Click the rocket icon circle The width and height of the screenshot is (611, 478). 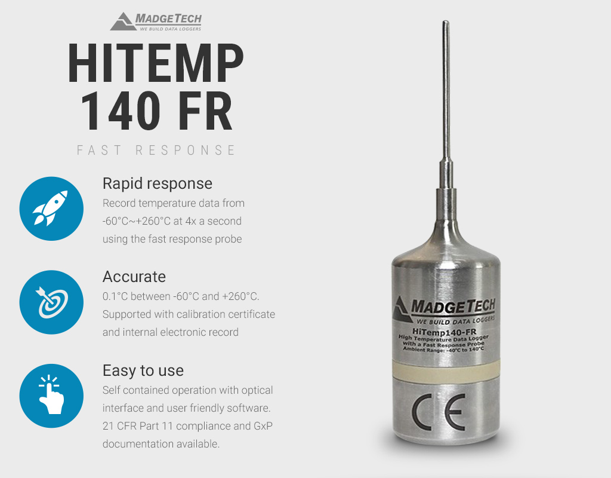[51, 209]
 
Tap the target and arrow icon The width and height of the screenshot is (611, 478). [51, 302]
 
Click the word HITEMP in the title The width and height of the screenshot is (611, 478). [156, 63]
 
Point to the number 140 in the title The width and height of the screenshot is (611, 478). [119, 110]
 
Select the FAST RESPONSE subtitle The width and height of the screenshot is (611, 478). [156, 150]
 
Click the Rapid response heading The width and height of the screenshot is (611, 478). [158, 183]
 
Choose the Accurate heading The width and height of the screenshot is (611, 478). [134, 277]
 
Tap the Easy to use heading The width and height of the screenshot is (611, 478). [143, 370]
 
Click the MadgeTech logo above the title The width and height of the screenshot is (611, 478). [156, 22]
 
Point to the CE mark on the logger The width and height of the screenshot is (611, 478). [439, 412]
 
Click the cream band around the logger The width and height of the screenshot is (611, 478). [446, 370]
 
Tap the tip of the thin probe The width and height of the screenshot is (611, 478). [446, 22]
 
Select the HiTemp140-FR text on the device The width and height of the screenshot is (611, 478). [444, 332]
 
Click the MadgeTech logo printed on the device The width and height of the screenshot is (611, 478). [445, 311]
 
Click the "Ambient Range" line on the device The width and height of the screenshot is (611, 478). [443, 349]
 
